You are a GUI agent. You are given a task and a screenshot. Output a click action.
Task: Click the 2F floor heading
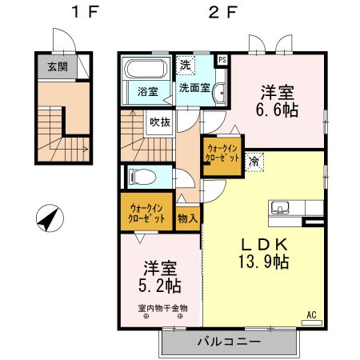[223, 13]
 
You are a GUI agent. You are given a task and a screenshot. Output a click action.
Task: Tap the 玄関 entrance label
[58, 67]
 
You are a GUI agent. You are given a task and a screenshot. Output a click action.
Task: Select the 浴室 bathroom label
[146, 90]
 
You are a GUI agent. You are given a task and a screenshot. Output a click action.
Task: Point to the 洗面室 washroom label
[194, 88]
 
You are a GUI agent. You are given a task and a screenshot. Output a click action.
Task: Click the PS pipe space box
[222, 59]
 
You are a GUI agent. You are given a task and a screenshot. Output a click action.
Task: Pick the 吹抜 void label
[158, 122]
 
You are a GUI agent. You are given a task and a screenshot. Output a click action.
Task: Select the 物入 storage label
[187, 217]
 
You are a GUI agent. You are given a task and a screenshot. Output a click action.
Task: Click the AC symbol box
[313, 314]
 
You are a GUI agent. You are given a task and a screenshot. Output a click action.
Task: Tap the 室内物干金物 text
[162, 307]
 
